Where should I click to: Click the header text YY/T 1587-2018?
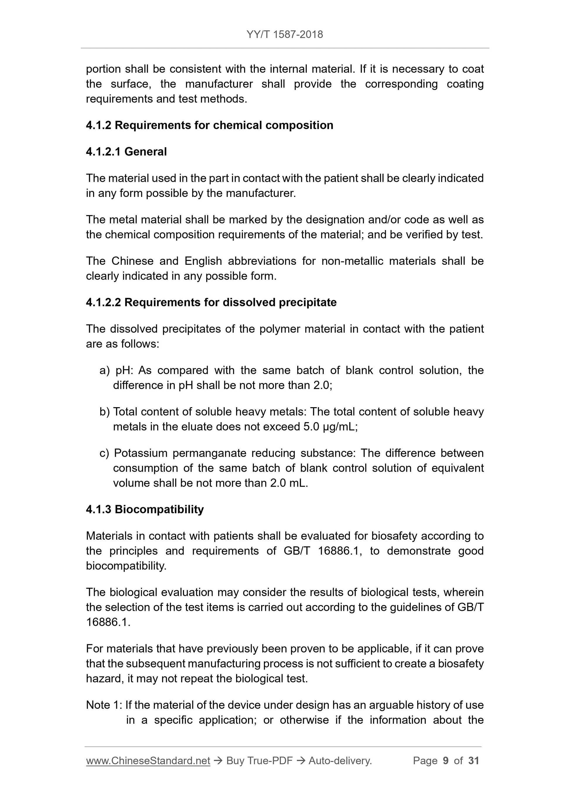(x=284, y=35)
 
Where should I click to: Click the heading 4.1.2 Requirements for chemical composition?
(x=209, y=125)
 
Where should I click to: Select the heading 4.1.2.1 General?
(x=126, y=152)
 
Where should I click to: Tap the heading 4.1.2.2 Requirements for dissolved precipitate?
(x=211, y=302)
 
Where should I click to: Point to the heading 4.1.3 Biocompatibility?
(x=145, y=509)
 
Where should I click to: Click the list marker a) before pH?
(x=105, y=370)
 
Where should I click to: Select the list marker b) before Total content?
(x=105, y=412)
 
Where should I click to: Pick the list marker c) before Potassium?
(x=105, y=453)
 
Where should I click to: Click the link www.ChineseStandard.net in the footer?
(x=148, y=761)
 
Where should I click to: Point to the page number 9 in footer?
(x=446, y=761)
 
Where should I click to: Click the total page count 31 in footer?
(x=474, y=761)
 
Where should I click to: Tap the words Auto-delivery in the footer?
(x=340, y=761)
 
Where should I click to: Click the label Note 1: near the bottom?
(x=104, y=705)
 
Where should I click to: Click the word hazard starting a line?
(x=104, y=679)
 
